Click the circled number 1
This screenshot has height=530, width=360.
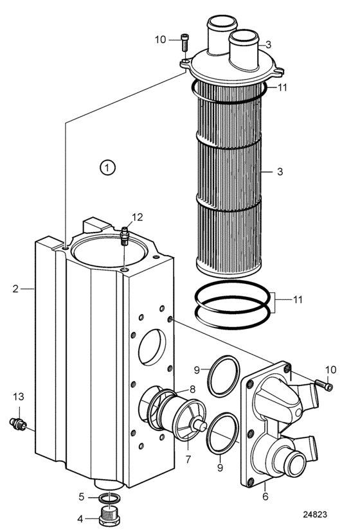(107, 168)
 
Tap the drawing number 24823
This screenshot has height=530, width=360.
(315, 514)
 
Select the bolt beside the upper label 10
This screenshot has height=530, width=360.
(184, 42)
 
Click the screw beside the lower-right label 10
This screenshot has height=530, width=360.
(324, 385)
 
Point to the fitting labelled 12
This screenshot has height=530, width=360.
(125, 236)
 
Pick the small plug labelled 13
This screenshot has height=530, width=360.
(17, 423)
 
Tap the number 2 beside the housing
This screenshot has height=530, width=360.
(15, 289)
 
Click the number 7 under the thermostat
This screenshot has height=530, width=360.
(188, 459)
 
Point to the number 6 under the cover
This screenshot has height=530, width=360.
(265, 496)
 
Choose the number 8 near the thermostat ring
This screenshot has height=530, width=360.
(192, 389)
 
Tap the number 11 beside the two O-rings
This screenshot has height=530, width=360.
(297, 299)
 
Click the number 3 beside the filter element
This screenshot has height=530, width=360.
(280, 172)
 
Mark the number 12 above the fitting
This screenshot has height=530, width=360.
(137, 217)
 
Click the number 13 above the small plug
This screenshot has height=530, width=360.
(19, 396)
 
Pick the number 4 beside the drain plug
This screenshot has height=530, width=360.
(80, 518)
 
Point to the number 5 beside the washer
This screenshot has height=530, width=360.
(81, 497)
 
